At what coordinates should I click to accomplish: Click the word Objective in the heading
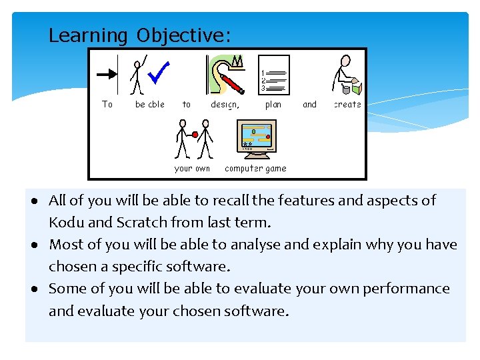tap(183, 35)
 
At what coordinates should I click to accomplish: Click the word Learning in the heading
tap(87, 35)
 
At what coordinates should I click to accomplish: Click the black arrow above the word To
tap(107, 74)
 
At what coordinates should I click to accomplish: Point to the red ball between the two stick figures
tap(195, 135)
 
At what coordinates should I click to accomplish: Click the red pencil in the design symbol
tap(233, 85)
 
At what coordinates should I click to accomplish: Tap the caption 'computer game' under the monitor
tap(255, 169)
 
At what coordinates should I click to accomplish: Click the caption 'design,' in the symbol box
tap(225, 105)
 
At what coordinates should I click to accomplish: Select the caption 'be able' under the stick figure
tap(149, 105)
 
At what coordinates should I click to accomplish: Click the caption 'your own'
tap(192, 169)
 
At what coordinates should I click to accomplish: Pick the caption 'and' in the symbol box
tap(309, 105)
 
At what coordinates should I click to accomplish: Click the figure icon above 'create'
tap(347, 75)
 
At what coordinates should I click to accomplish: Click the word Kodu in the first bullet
tap(66, 223)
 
